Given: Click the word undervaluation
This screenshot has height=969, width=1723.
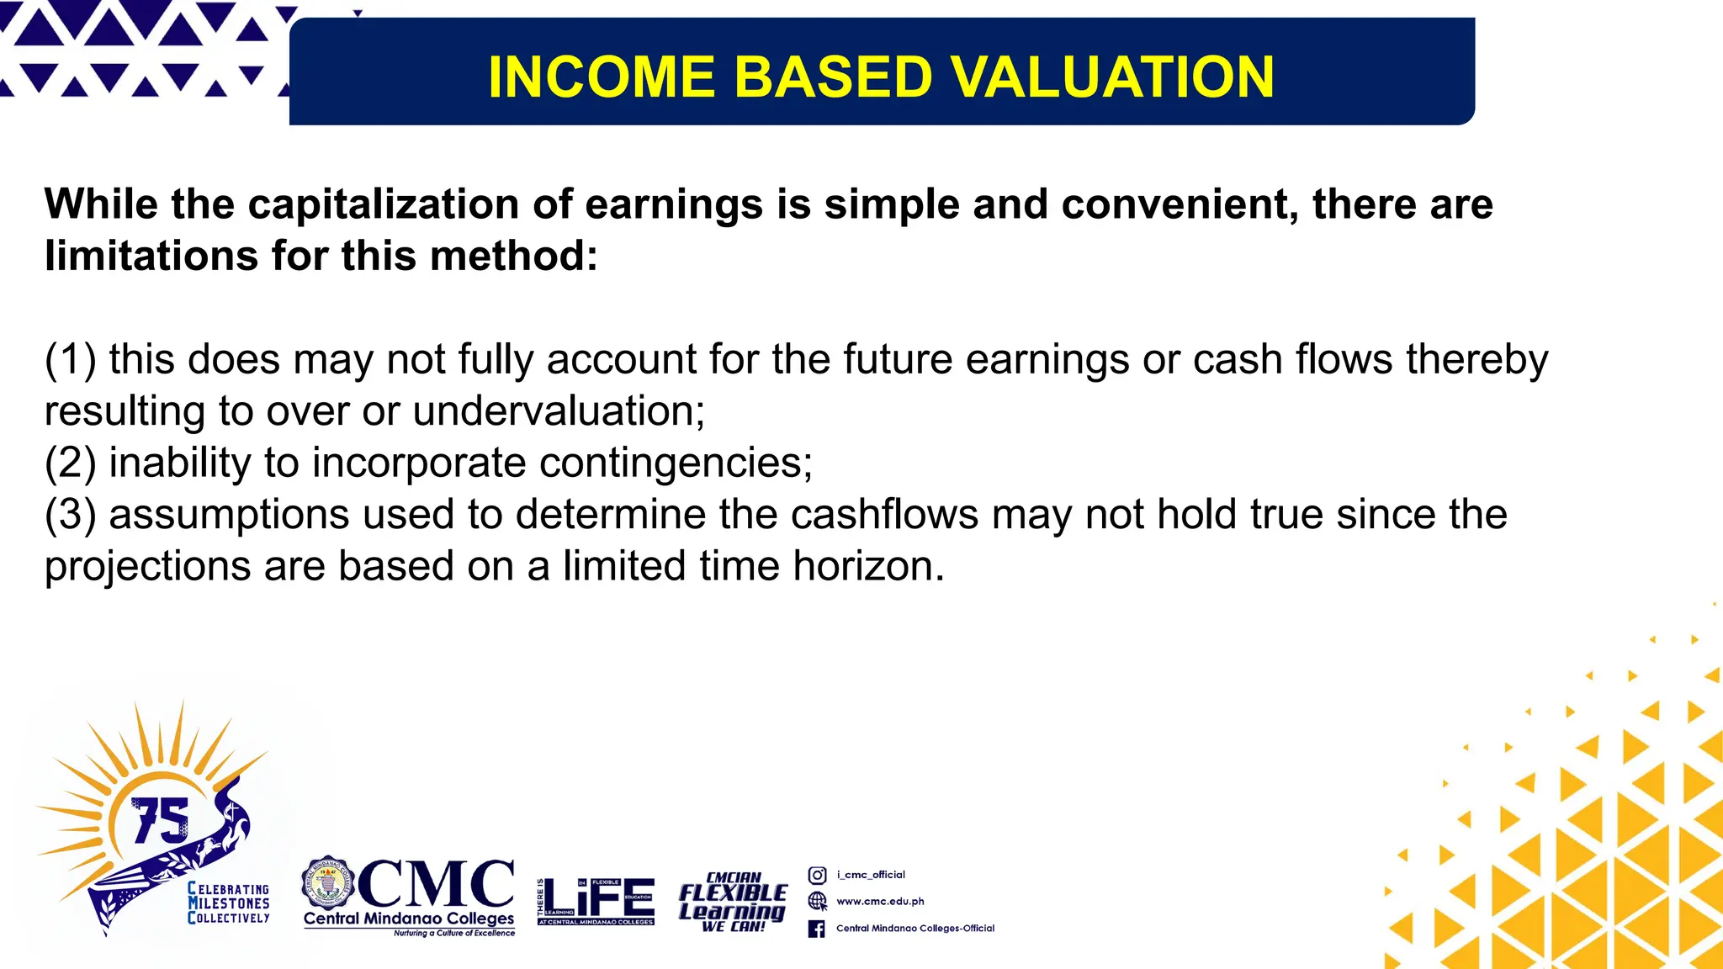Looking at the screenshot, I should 558,411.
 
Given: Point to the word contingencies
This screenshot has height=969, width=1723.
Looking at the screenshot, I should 675,463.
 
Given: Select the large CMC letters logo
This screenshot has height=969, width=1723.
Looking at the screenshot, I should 436,884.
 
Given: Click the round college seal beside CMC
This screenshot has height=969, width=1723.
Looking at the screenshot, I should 327,884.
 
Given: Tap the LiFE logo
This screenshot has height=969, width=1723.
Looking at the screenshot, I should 597,900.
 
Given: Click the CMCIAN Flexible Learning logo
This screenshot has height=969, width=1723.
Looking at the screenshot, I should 733,902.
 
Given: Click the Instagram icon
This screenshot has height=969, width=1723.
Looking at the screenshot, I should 817,875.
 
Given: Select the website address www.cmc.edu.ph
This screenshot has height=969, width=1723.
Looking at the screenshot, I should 880,902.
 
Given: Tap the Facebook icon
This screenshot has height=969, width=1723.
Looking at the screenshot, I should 816,929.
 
